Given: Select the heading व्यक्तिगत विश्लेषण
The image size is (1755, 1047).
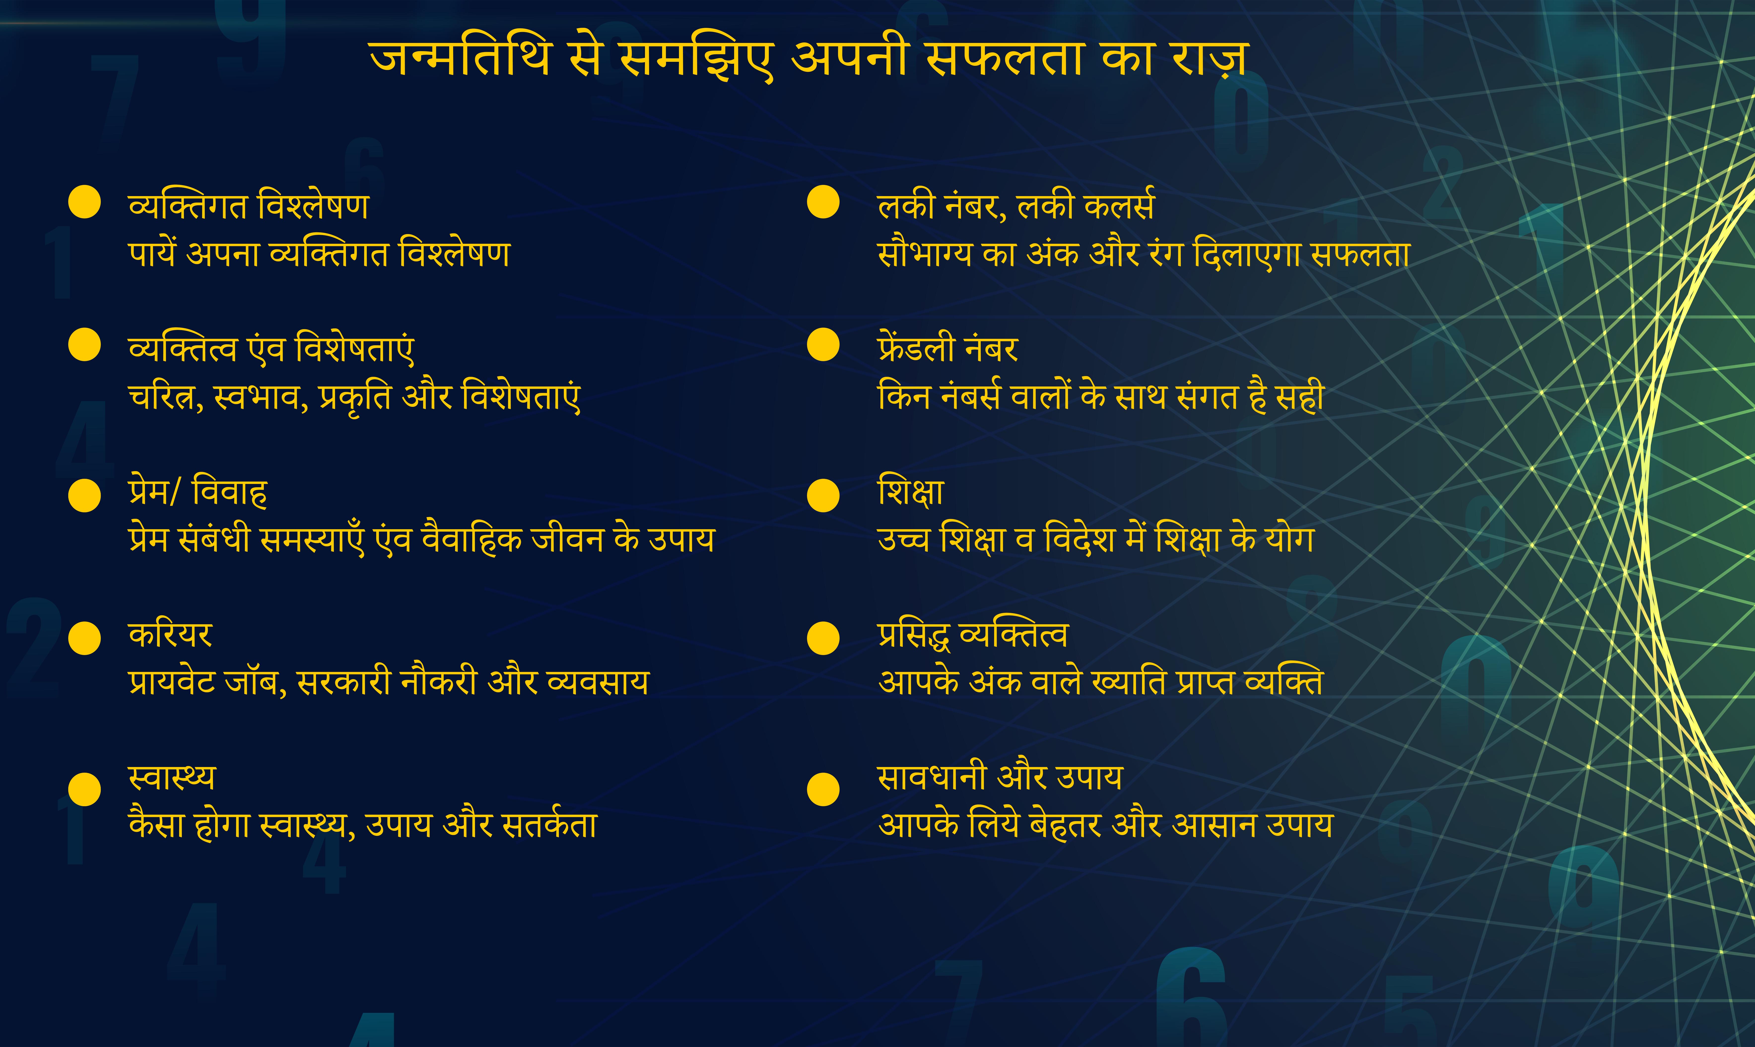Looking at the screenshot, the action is (x=248, y=206).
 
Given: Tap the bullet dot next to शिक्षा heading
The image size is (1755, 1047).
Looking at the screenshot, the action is (x=823, y=495).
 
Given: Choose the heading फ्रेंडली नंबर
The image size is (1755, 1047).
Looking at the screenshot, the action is (x=947, y=348).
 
